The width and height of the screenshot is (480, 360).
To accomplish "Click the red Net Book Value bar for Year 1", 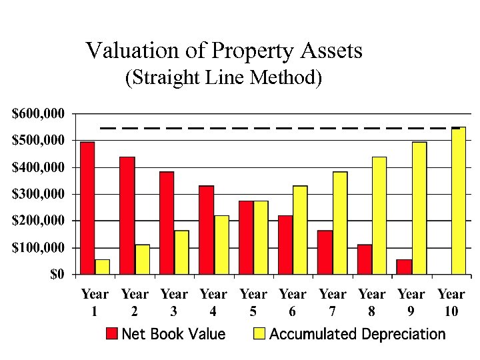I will point(87,208).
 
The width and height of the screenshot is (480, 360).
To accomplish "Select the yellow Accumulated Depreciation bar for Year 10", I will point(459,201).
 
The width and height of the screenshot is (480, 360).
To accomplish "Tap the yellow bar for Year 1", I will point(102,267).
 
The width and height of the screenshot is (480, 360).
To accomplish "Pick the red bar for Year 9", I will point(404,267).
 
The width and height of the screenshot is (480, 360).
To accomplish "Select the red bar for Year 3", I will point(167,223).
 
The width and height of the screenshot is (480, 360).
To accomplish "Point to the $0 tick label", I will point(58,275).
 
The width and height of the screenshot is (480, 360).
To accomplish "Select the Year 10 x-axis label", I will point(451,303).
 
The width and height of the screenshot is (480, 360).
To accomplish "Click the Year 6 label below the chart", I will point(293,303).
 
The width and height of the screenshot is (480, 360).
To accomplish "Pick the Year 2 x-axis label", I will point(135,303).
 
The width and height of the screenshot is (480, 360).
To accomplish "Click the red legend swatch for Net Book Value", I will point(112,334).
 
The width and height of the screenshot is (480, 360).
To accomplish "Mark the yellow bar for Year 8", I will point(379,215).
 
